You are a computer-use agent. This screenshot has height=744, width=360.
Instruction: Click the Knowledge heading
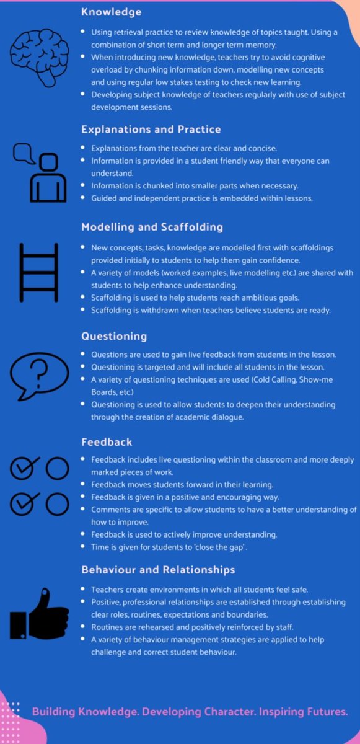112,12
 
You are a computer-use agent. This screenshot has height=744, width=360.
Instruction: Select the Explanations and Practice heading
151,130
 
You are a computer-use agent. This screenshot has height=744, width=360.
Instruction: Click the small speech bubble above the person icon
24,153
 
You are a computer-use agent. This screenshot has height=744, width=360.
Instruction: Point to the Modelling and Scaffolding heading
152,227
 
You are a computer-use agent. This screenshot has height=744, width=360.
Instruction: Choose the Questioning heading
114,336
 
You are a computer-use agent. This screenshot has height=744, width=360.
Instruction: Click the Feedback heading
107,442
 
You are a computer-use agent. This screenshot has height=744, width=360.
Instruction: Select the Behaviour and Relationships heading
158,569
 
